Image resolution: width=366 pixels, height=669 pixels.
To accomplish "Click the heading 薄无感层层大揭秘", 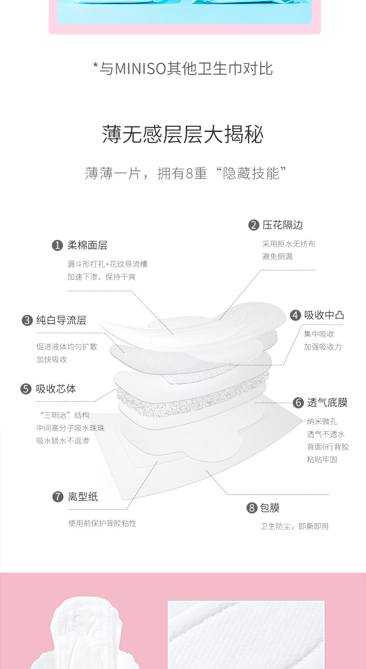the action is tap(183, 135).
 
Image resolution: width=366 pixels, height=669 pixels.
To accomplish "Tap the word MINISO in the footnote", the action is tap(140, 69).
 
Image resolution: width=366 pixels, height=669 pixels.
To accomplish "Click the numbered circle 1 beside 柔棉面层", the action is tap(57, 245).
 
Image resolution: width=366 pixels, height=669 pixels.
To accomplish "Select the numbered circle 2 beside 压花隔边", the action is tap(253, 225).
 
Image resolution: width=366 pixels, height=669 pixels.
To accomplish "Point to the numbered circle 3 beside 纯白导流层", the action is tap(27, 320).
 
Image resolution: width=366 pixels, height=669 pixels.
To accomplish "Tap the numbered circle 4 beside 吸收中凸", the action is tap(295, 315).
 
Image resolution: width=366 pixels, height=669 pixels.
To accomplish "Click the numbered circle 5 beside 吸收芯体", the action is tap(26, 389).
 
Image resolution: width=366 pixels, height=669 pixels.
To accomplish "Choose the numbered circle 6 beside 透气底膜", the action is tap(298, 402).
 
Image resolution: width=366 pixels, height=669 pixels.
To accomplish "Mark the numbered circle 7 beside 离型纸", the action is tap(57, 497).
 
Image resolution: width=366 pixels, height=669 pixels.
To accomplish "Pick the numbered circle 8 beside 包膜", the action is tap(252, 508).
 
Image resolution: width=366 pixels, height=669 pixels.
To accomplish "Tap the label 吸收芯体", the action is tap(56, 389).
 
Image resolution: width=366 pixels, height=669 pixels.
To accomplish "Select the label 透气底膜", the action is tap(327, 402).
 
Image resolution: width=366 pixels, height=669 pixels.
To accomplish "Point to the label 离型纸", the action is tap(83, 497).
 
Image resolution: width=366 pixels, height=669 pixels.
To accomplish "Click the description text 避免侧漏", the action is tap(277, 256).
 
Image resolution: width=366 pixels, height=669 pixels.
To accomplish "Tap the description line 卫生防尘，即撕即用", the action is tap(294, 526).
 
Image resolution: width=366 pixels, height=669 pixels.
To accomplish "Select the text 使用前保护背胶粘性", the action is tap(102, 523).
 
